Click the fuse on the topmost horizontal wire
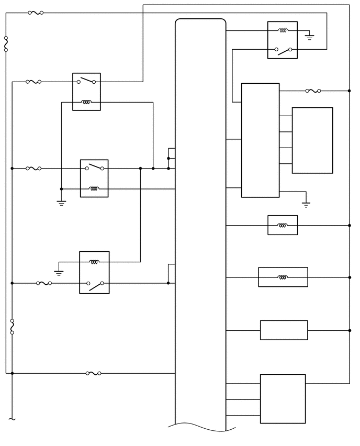coord(36,13)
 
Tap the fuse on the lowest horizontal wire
coord(94,373)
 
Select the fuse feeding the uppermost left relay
coord(33,82)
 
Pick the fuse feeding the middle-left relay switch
coord(33,169)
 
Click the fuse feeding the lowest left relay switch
coord(44,283)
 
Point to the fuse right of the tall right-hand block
coord(313,91)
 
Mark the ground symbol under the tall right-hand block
coord(306,204)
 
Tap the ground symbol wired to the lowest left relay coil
coord(59,272)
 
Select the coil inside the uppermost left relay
coord(86,102)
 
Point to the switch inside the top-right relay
coord(283,50)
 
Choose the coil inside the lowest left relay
coord(94,262)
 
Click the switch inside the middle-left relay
coord(94,168)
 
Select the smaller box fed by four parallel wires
coord(312,140)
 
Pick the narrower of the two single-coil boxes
coord(283,225)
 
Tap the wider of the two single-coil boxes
coord(283,277)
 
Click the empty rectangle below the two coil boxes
coord(284,330)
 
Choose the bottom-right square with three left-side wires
coord(283,399)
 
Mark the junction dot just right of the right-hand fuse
coord(350,91)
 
